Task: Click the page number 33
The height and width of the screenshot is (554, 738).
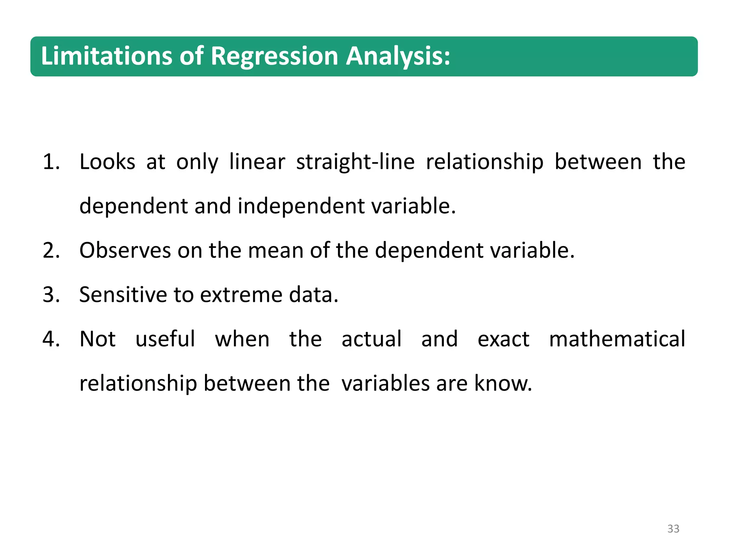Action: (673, 529)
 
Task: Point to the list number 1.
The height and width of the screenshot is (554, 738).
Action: (51, 162)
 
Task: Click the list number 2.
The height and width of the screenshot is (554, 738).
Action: (51, 250)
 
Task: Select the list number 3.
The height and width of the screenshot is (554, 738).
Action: (51, 295)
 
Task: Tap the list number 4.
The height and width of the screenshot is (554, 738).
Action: (51, 339)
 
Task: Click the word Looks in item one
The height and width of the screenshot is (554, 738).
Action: (107, 162)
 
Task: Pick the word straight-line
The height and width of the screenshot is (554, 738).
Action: (355, 162)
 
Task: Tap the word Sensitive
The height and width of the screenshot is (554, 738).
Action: (123, 295)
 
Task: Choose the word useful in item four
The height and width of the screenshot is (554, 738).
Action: (165, 339)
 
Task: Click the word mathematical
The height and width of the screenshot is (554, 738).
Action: (617, 339)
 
